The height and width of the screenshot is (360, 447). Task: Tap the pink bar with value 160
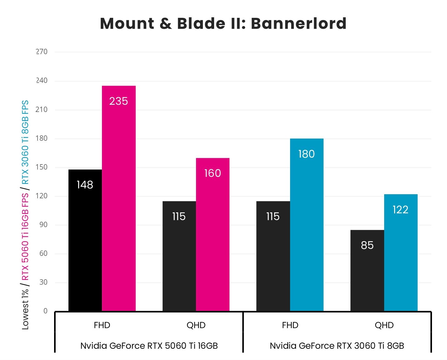pos(213,235)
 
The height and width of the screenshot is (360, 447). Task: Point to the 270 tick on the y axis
pos(42,52)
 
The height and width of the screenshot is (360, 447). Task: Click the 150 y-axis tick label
pos(42,167)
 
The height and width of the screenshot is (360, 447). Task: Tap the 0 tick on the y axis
pos(45,311)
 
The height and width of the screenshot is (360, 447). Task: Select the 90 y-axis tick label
pos(43,225)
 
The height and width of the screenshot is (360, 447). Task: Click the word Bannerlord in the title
pos(299,23)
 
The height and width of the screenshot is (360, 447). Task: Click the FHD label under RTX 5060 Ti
pos(102,325)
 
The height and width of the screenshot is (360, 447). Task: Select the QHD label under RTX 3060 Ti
pos(384,325)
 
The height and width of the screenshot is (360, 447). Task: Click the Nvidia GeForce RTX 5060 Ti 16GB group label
pos(149,346)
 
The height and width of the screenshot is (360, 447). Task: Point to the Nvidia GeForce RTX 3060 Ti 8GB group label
pos(337,346)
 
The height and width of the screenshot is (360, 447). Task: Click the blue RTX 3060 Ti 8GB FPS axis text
pos(25,142)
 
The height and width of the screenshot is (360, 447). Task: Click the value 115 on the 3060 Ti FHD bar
pos(273,216)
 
